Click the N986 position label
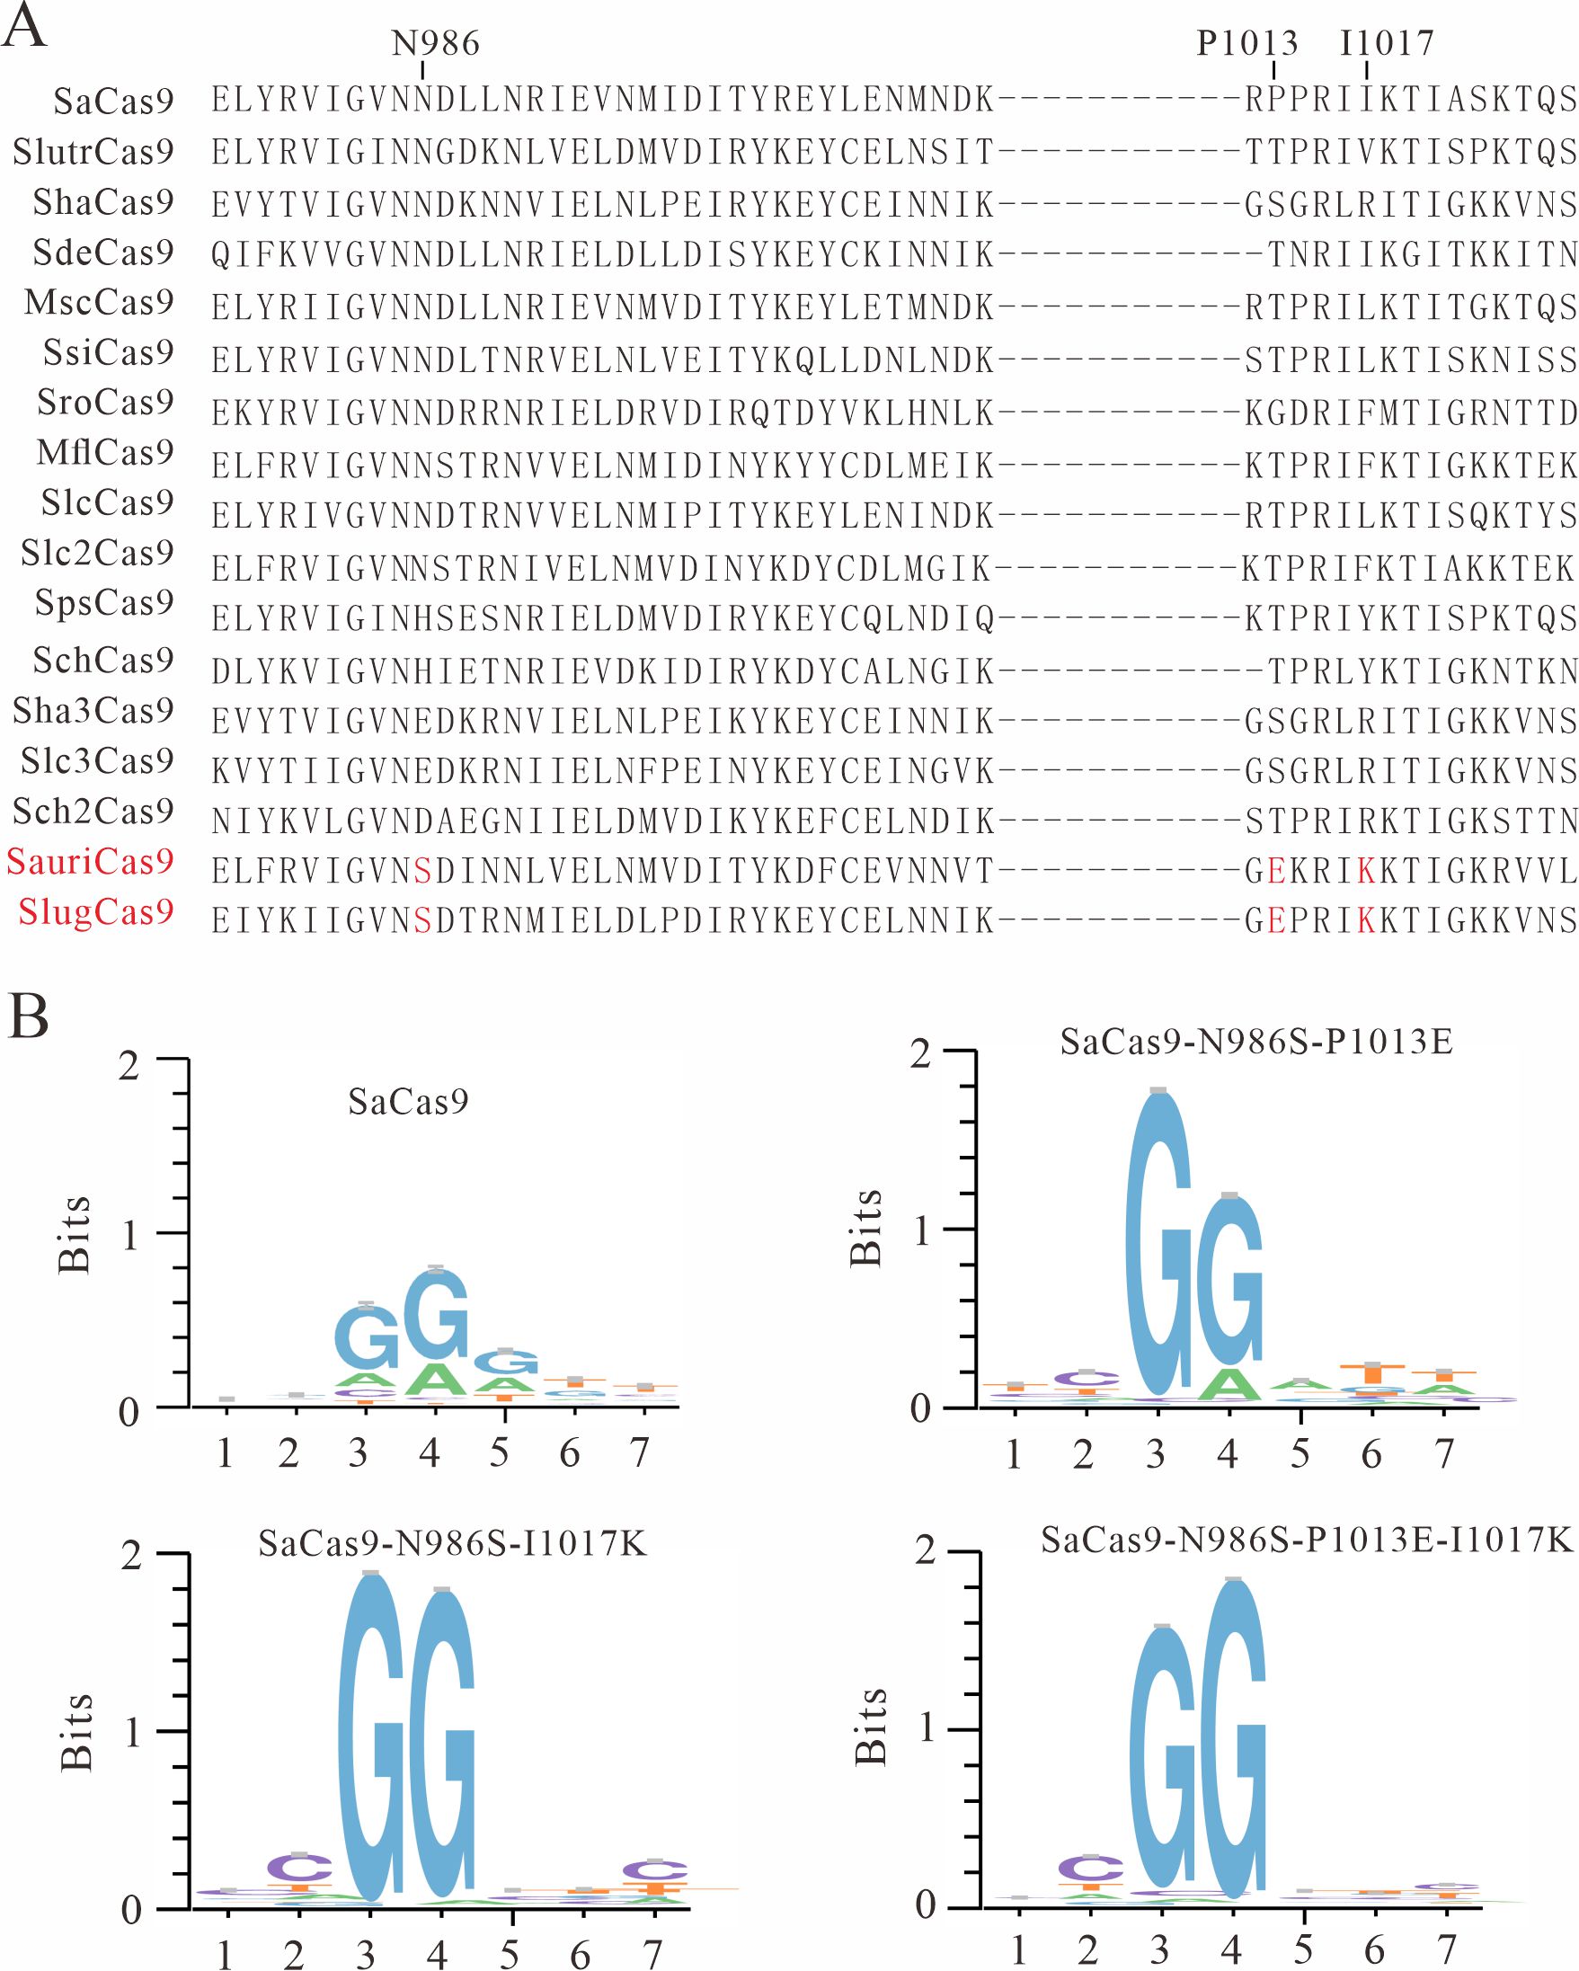pos(435,42)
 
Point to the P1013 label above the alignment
pos(1247,42)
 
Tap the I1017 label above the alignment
pos(1387,42)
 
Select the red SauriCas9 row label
pos(90,861)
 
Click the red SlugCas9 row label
pos(96,911)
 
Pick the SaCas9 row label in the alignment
pos(113,101)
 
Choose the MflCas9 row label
pos(105,451)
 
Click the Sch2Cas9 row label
pos(93,811)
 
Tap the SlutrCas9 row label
pos(93,152)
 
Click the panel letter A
pos(23,28)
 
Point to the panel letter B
pos(29,1017)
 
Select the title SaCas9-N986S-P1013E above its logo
pos(1256,1042)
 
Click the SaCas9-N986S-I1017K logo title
pos(452,1543)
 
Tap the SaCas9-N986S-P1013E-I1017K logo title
pos(1307,1540)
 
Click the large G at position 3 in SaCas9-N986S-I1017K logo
pos(370,1737)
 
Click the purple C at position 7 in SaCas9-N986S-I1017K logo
pos(653,1870)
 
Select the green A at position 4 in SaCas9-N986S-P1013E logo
pos(1229,1385)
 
